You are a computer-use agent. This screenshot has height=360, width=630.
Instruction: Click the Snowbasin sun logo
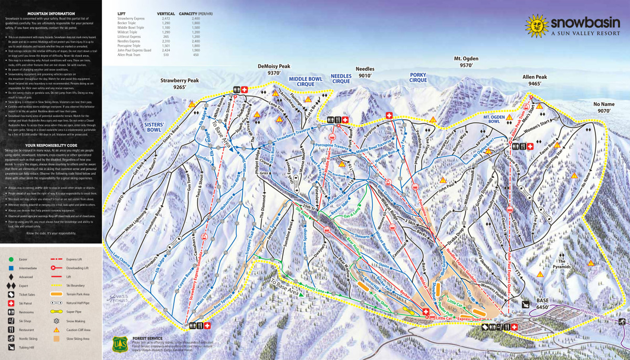535,25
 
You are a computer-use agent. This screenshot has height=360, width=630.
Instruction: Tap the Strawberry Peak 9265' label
179,84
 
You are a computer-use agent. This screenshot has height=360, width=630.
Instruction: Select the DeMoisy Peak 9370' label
274,70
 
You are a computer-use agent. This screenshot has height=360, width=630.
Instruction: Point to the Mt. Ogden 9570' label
471,62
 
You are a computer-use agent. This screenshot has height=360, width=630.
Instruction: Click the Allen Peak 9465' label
534,80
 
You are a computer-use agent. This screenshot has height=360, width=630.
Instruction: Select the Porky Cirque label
418,78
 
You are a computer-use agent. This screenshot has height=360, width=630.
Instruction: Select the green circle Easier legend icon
11,258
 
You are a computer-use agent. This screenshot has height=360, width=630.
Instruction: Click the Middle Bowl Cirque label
305,82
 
